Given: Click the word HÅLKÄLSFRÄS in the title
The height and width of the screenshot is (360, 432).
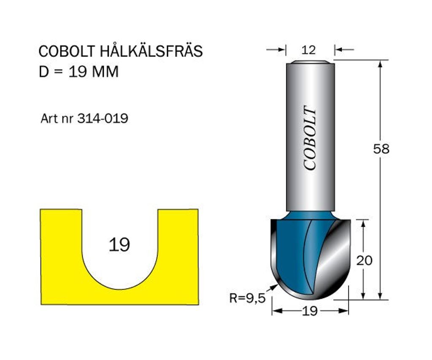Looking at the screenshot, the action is pos(151,51).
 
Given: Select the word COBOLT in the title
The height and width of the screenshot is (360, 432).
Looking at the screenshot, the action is pos(67,51).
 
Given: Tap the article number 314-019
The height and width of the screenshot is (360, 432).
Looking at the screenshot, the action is pos(103,119).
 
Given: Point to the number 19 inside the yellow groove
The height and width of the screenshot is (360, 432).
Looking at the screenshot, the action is pos(119,245).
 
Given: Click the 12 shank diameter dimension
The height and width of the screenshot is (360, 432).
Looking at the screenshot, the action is pos(308,50).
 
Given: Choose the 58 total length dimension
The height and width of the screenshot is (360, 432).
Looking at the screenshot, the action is pos(381,149).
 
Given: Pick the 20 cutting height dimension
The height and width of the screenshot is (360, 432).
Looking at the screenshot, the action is pos(364,260).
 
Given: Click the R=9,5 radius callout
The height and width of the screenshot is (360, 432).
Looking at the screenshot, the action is pos(247,298).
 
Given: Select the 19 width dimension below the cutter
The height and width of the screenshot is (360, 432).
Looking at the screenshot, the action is pos(310,311).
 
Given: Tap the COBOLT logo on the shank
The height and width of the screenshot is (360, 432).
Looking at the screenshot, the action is pos(309,138).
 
